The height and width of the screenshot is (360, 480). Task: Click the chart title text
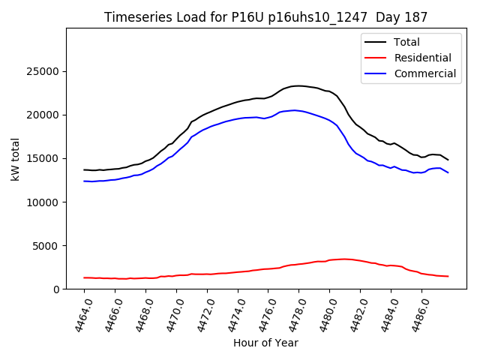[x=266, y=17]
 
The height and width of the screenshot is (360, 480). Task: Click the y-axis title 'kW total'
[x=15, y=158]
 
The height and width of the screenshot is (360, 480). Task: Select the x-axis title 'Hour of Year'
[x=265, y=343]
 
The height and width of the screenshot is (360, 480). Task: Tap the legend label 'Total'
[x=406, y=42]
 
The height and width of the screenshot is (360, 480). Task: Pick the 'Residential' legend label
[x=422, y=58]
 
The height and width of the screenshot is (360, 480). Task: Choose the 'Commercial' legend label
[x=424, y=73]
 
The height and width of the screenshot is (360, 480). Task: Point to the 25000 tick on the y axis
[x=44, y=72]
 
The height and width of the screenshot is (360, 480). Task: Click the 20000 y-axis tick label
[x=44, y=115]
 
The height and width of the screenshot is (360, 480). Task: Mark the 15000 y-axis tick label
[x=44, y=158]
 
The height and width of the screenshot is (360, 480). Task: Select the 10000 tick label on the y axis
[x=44, y=202]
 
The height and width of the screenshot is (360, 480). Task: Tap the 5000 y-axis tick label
[x=47, y=245]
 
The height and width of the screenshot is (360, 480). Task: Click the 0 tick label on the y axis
[x=57, y=289]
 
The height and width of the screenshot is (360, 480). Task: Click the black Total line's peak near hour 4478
[x=298, y=85]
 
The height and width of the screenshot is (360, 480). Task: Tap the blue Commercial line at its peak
[x=295, y=110]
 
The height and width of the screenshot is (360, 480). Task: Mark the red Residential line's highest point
[x=343, y=259]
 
